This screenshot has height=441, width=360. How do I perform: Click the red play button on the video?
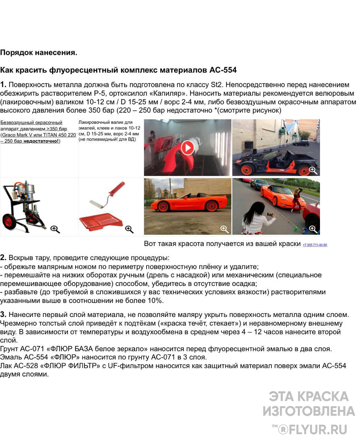188,148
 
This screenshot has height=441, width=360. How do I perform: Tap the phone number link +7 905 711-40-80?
315,245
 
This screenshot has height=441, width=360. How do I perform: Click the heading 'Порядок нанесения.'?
39,53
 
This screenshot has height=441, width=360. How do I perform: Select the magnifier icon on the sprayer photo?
55,229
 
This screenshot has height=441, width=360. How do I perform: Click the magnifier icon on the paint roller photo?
129,229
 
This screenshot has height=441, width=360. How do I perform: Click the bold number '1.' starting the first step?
3,85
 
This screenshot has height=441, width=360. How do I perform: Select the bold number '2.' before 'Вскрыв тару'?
3,258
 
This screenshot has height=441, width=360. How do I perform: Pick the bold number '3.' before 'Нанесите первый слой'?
3,315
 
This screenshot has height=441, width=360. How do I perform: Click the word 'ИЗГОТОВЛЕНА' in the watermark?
309,411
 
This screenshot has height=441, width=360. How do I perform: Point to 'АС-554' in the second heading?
223,70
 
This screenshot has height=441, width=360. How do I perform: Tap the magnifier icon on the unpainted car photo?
313,170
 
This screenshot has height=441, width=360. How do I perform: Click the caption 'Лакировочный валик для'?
106,122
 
